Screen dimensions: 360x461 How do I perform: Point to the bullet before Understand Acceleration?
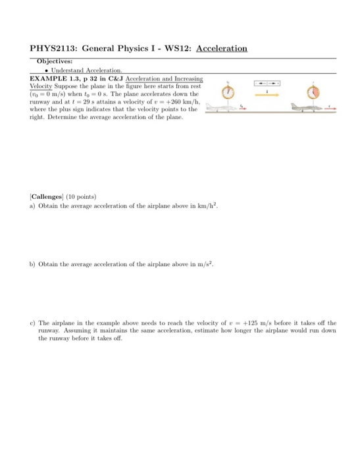[x=44, y=69]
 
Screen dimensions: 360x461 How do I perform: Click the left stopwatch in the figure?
[x=228, y=92]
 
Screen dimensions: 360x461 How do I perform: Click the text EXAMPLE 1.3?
[x=53, y=78]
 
